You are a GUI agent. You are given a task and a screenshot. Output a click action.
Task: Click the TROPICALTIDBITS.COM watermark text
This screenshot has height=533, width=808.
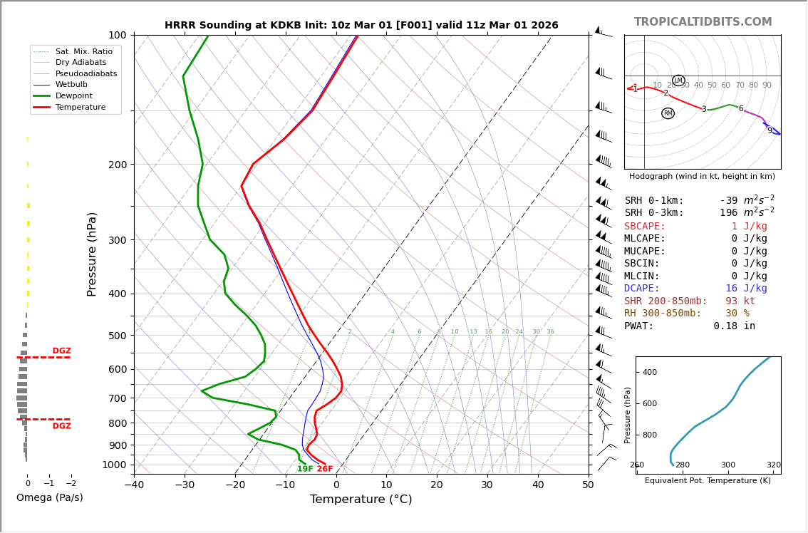703,22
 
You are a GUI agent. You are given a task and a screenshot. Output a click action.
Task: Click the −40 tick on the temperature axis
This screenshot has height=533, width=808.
134,485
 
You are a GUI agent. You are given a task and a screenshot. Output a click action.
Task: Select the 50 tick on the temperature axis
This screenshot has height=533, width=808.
588,485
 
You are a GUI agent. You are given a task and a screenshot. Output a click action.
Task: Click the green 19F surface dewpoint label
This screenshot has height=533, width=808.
305,469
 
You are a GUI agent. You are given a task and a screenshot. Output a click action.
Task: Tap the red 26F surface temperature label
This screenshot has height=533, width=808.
325,469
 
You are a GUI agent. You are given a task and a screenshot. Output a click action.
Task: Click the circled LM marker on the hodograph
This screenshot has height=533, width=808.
678,81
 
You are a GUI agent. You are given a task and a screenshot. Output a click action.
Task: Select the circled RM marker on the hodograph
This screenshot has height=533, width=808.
668,113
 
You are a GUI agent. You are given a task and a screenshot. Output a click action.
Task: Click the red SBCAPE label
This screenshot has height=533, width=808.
645,226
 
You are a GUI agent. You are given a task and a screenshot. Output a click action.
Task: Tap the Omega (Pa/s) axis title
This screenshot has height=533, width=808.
50,498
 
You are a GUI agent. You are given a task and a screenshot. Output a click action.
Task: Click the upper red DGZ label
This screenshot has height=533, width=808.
61,351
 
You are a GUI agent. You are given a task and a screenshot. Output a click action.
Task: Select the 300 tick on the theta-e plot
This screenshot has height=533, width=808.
727,465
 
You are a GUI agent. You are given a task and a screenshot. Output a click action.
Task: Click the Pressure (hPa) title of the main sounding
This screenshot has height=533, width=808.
92,254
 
